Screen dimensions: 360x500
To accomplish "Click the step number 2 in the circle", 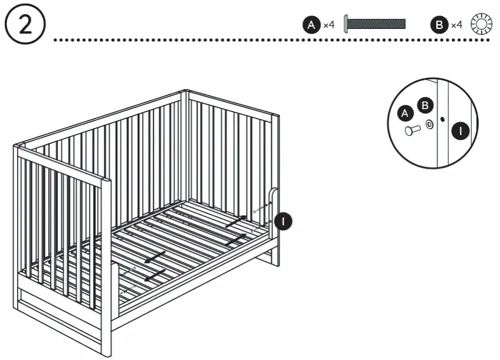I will (x=24, y=27).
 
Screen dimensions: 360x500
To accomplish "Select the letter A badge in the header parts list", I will (x=311, y=25).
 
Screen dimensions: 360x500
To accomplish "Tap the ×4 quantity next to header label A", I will (x=328, y=25).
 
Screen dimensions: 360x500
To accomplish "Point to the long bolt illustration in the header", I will (x=375, y=24).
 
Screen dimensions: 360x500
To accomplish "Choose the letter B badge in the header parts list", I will (x=439, y=25).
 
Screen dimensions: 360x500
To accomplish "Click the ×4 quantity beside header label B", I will (x=456, y=25).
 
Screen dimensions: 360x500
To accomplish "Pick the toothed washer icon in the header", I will (x=481, y=25).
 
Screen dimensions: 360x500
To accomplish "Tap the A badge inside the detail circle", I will (x=404, y=113).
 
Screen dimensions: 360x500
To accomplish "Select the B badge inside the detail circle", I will (x=424, y=106).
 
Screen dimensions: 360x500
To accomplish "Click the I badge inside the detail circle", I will (x=461, y=131).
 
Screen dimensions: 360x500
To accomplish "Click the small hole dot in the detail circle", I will (x=442, y=118).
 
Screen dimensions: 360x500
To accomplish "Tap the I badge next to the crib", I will (x=284, y=221).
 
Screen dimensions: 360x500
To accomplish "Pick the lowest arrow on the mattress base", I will (x=154, y=275).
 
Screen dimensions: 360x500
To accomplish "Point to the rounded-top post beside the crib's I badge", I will (x=274, y=212).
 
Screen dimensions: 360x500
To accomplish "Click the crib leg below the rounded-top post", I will (x=275, y=254).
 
